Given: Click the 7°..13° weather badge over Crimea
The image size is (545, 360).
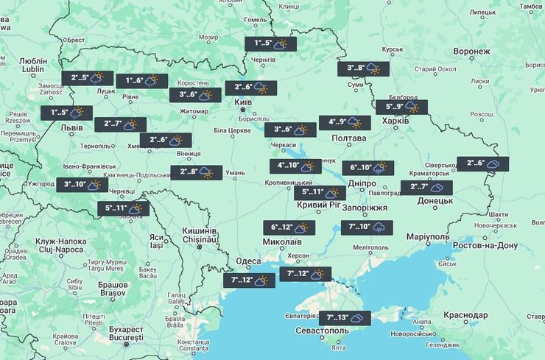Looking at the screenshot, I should pyautogui.click(x=346, y=318).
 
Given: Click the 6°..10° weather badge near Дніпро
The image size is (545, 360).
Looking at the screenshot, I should pyautogui.click(x=368, y=168).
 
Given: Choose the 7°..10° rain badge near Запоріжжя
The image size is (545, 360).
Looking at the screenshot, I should pyautogui.click(x=367, y=227).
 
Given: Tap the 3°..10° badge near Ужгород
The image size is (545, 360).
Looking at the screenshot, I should pyautogui.click(x=82, y=185).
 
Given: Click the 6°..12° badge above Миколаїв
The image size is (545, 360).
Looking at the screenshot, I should pyautogui.click(x=289, y=228).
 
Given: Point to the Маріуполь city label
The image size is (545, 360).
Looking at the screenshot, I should pyautogui.click(x=426, y=236).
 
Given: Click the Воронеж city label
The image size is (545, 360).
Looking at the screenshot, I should pyautogui.click(x=472, y=52).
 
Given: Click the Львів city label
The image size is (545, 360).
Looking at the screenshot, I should pyautogui.click(x=72, y=127).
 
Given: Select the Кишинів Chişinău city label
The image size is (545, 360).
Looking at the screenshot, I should pyautogui.click(x=200, y=235).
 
